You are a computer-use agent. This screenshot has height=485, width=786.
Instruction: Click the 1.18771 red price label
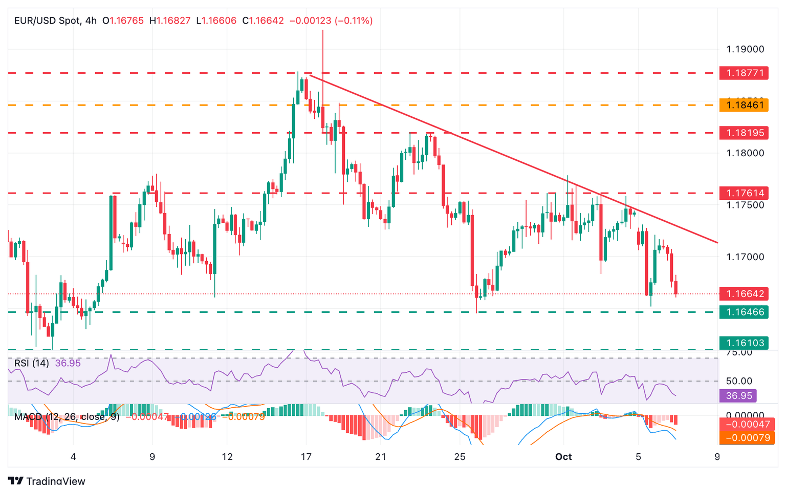click(x=744, y=73)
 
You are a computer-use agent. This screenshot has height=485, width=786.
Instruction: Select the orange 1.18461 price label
click(x=744, y=106)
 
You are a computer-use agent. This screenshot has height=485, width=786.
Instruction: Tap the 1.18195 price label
click(x=744, y=133)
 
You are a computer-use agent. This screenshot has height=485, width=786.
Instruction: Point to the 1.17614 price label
click(x=744, y=193)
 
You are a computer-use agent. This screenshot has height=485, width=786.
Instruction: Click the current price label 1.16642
click(x=744, y=294)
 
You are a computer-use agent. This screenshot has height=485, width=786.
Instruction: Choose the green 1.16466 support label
click(x=744, y=312)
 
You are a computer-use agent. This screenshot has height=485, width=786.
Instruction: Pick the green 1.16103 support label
click(x=744, y=343)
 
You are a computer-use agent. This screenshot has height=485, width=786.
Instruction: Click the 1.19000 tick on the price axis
click(x=745, y=49)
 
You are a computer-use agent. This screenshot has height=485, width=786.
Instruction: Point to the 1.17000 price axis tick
click(x=745, y=257)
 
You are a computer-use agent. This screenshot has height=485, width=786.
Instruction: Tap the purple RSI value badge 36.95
click(x=737, y=395)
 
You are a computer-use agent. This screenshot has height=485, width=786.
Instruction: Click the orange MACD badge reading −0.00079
click(x=744, y=438)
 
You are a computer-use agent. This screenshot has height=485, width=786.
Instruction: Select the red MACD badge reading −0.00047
click(x=744, y=425)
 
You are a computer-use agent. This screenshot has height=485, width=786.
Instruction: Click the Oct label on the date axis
click(x=563, y=457)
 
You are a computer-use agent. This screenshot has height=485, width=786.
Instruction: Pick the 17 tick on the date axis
click(x=306, y=457)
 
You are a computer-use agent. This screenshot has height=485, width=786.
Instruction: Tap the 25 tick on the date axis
click(x=460, y=457)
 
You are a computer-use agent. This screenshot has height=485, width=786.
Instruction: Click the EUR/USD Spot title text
click(x=48, y=21)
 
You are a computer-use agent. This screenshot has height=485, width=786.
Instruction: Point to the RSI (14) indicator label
click(x=32, y=363)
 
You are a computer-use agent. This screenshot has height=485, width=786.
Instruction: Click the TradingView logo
click(x=47, y=480)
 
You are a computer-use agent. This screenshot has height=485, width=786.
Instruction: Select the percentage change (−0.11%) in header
click(x=354, y=21)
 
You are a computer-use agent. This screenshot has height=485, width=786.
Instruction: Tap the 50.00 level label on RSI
click(x=739, y=381)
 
